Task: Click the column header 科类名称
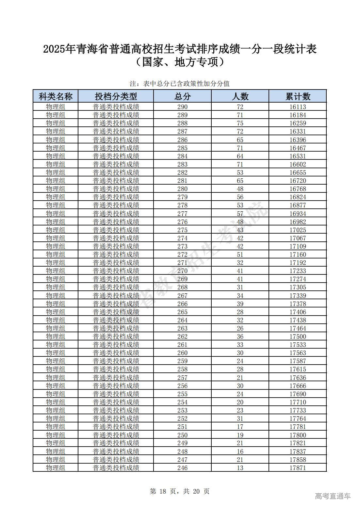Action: (56, 96)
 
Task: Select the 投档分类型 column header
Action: (116, 96)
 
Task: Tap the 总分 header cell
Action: (182, 96)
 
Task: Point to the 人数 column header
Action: (240, 96)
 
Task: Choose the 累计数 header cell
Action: (298, 96)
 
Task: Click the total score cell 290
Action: (182, 107)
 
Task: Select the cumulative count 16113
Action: (298, 107)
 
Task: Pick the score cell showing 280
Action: (182, 189)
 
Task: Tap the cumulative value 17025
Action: (298, 230)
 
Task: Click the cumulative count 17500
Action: (298, 337)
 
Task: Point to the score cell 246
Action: (182, 468)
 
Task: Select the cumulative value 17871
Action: (298, 468)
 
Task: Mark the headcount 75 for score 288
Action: (240, 123)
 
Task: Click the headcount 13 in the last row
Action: (240, 468)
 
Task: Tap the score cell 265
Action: (182, 312)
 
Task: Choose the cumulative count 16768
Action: (298, 189)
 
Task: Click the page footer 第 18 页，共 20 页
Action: (180, 491)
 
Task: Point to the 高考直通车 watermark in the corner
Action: (333, 496)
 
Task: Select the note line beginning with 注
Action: (180, 84)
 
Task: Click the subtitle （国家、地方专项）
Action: (180, 62)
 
